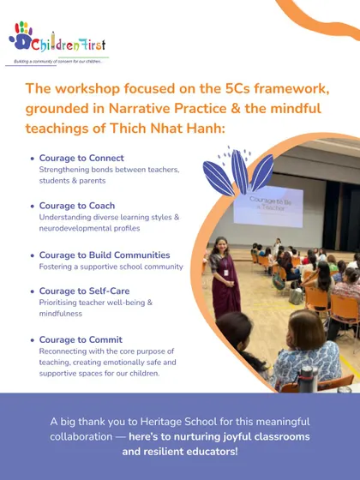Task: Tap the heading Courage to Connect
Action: [x=81, y=158]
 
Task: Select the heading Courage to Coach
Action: [x=77, y=206]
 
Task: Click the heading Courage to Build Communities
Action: [x=105, y=255]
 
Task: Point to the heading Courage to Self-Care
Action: [x=84, y=291]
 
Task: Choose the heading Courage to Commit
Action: [x=81, y=339]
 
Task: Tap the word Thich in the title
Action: [x=128, y=129]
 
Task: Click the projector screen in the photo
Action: [x=268, y=206]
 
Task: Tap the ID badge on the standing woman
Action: [x=226, y=273]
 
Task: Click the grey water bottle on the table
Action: [x=307, y=379]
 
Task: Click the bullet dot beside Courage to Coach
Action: [x=33, y=206]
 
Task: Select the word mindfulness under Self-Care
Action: [x=61, y=314]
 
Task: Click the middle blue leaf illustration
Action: [x=239, y=171]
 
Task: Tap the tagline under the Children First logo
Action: [x=58, y=62]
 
